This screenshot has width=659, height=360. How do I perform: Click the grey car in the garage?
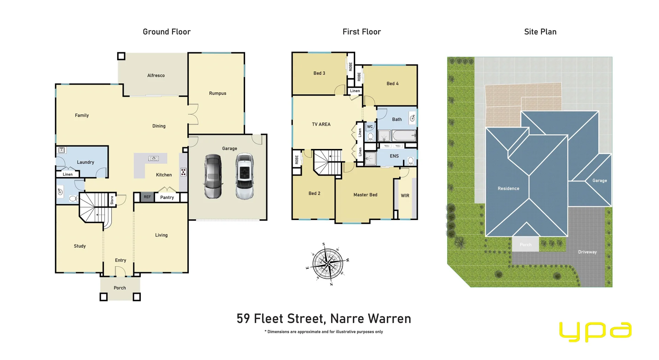[x=213, y=176]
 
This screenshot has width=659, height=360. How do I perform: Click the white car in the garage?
[x=245, y=176]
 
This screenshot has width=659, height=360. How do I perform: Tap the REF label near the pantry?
[x=147, y=197]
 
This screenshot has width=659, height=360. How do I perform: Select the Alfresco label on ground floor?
[x=156, y=76]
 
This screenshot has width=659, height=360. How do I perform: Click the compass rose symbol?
[x=328, y=264]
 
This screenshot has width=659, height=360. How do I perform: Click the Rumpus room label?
[x=218, y=93]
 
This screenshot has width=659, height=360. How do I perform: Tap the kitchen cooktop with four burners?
[x=184, y=172]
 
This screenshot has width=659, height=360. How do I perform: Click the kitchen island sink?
[x=153, y=158]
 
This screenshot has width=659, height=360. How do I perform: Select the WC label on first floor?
[x=370, y=127]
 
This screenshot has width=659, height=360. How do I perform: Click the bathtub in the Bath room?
[x=404, y=136]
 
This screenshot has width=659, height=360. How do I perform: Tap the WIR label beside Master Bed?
[x=405, y=196]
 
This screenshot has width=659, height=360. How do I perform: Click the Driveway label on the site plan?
[x=587, y=252]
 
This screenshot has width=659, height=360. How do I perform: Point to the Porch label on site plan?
[x=525, y=245]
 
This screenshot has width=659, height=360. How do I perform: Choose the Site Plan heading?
[x=540, y=32]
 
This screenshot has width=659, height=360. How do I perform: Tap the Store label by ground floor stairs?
[x=112, y=200]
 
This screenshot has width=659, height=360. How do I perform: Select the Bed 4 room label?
[x=393, y=84]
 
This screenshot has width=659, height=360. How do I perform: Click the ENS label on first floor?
[x=394, y=156]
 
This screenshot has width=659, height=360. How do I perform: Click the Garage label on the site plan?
[x=600, y=181]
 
